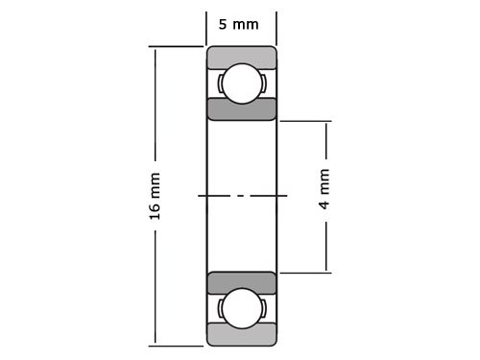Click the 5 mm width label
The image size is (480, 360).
[x=239, y=24]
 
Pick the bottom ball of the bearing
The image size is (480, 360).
[x=241, y=309]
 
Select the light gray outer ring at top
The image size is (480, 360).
[x=241, y=57]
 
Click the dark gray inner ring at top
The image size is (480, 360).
[x=241, y=108]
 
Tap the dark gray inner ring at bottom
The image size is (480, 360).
[x=241, y=283]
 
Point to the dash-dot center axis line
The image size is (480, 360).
[x=242, y=196]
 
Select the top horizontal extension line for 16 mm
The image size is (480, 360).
[x=177, y=46]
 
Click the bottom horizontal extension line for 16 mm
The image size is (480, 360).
[x=177, y=345]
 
